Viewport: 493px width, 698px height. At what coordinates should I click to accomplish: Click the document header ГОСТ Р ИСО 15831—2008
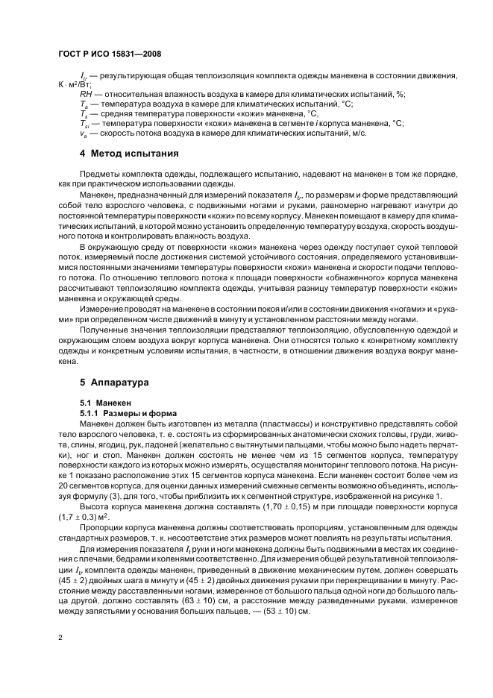[110, 55]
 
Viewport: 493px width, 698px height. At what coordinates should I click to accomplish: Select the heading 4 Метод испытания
[129, 154]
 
